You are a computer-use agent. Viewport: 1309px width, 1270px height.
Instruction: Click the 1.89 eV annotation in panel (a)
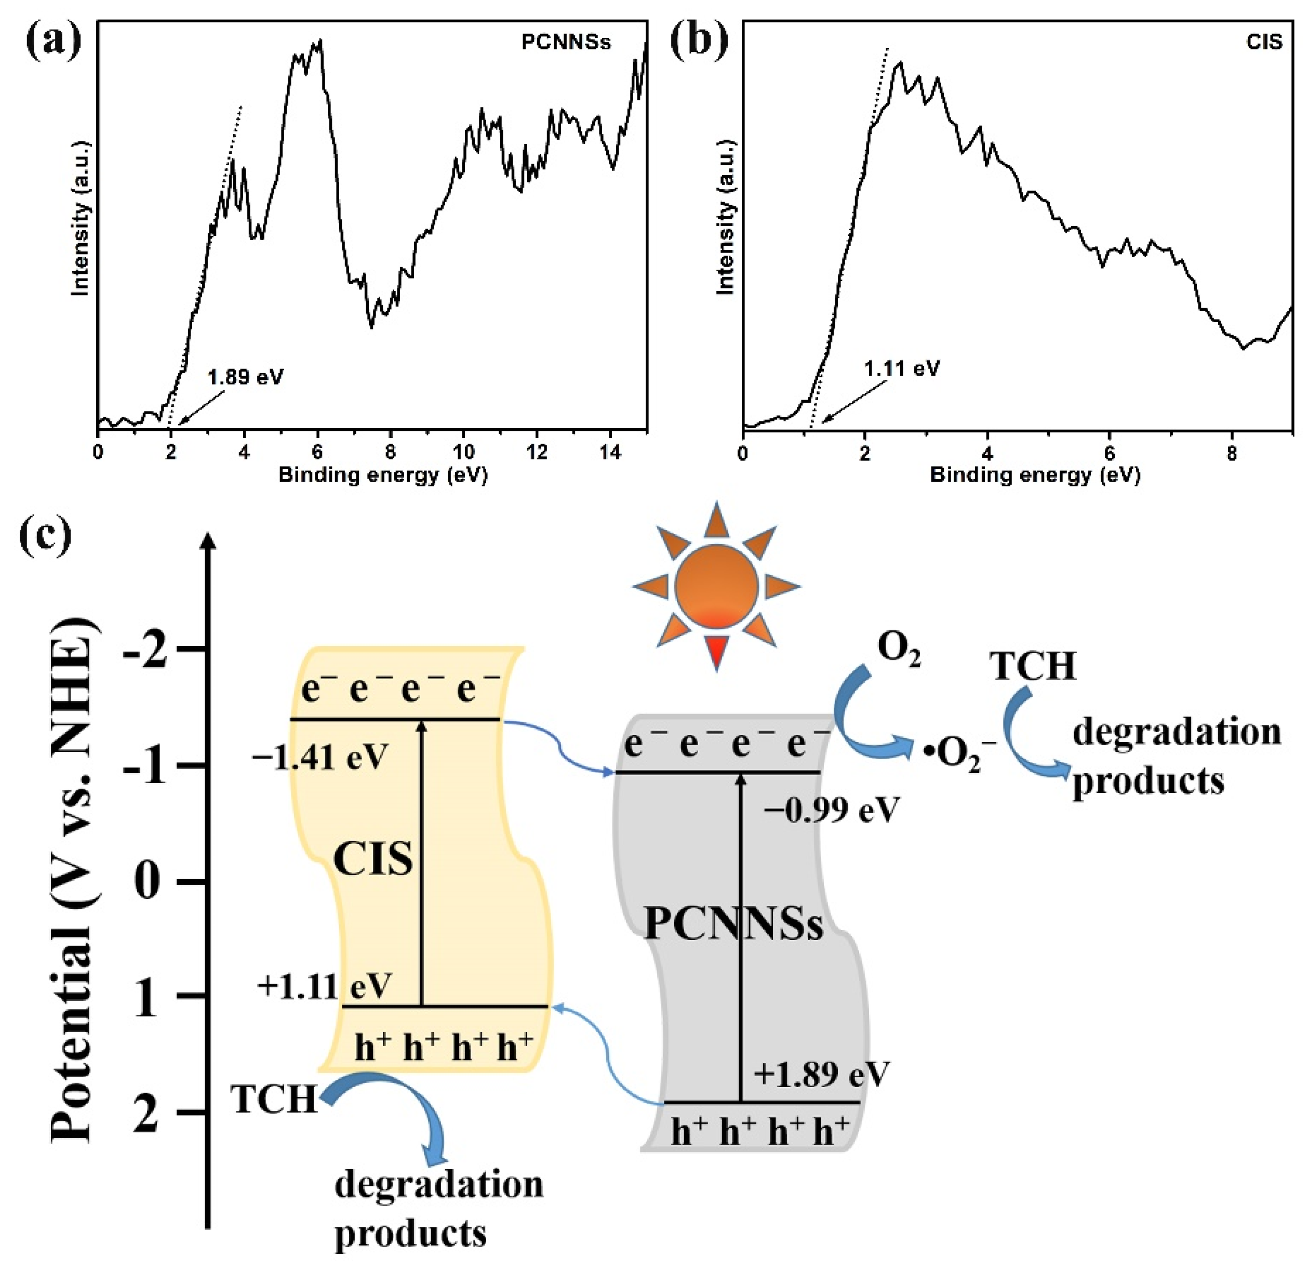245,377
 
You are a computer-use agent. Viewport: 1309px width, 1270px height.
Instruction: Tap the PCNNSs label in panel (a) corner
566,43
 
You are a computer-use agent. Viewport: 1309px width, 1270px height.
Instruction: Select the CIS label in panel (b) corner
1264,43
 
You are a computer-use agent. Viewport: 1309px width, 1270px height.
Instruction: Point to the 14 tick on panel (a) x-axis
610,452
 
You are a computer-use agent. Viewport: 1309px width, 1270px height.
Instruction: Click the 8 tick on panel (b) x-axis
1232,454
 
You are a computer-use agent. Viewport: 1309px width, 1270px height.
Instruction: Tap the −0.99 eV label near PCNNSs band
832,810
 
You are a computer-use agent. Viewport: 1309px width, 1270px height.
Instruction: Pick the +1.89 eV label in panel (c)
821,1075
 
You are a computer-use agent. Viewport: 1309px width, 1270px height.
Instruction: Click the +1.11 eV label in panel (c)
324,986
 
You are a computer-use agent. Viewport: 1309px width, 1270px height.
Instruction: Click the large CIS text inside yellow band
372,860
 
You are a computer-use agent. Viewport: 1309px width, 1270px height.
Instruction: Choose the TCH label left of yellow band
274,1099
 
